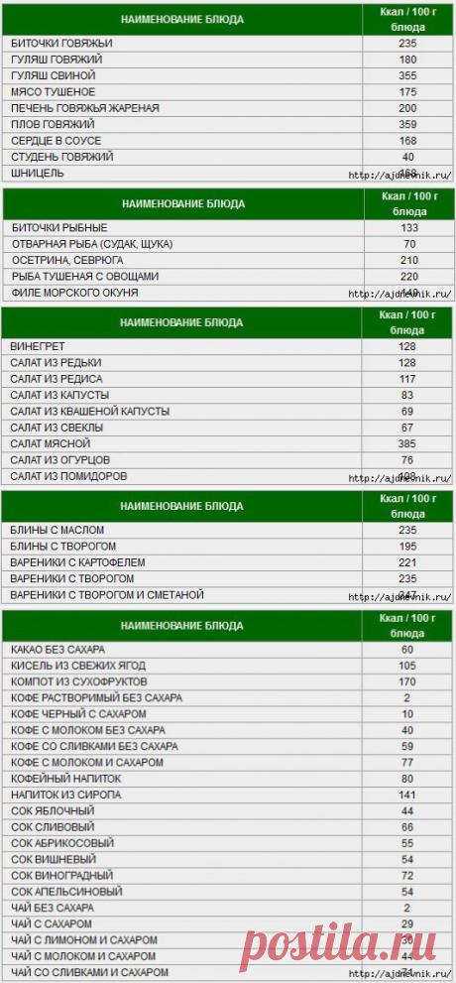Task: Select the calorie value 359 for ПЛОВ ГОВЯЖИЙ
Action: (407, 124)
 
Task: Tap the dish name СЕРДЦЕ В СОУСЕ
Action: (57, 141)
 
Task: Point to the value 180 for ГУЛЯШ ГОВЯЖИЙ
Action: (407, 60)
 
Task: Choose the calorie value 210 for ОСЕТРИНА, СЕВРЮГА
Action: (407, 260)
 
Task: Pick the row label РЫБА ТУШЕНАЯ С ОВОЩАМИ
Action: (83, 276)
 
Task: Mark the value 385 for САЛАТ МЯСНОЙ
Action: (407, 443)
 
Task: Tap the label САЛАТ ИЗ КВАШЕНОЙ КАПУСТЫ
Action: (89, 411)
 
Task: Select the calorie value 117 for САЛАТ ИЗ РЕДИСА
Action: (407, 379)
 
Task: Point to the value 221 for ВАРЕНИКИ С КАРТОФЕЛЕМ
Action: (407, 561)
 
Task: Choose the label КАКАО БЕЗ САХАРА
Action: (57, 650)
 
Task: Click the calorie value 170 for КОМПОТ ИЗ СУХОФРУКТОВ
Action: (407, 682)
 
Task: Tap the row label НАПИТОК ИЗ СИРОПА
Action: (61, 795)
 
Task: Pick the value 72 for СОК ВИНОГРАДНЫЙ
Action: (407, 876)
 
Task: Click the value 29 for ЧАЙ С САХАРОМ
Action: (407, 924)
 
